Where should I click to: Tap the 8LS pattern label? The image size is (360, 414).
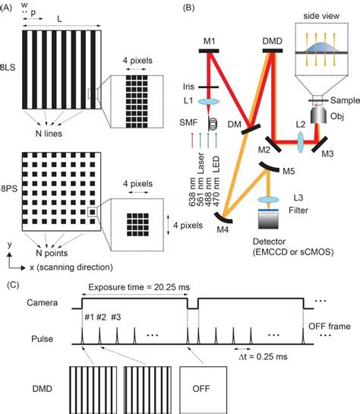pos(10,79)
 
